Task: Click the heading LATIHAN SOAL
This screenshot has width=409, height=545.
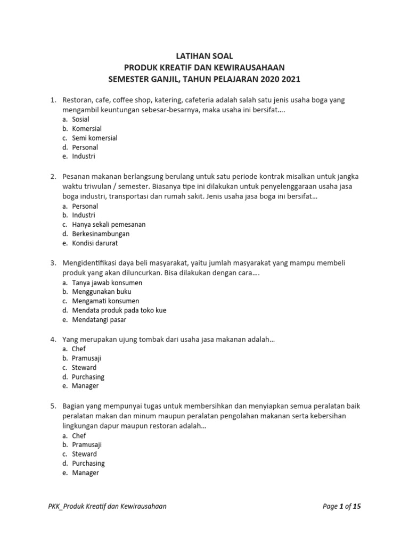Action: coord(205,56)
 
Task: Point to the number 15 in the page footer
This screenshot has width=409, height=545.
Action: coord(357,506)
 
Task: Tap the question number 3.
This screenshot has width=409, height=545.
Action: coord(53,263)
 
